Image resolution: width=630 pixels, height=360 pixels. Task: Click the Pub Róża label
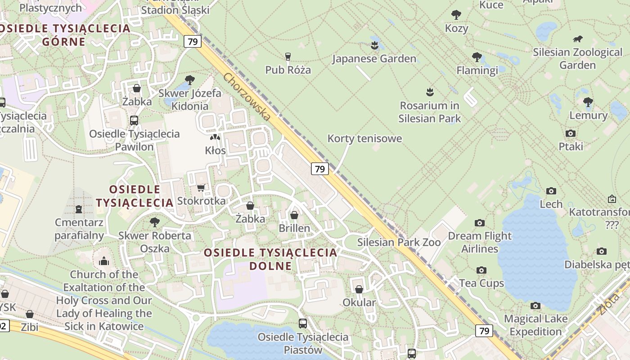click(288, 70)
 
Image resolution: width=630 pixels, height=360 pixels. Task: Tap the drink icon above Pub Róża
click(288, 56)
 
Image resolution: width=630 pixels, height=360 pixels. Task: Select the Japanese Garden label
click(374, 59)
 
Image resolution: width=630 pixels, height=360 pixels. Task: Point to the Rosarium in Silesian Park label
click(430, 112)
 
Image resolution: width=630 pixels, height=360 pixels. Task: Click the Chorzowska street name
click(247, 97)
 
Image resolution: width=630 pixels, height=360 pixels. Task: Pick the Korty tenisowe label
click(364, 139)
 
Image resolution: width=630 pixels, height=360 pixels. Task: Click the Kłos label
click(215, 150)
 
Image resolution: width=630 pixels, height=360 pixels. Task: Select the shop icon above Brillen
click(294, 215)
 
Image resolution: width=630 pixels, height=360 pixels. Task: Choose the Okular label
click(359, 302)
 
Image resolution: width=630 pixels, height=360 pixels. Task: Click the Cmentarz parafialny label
click(79, 229)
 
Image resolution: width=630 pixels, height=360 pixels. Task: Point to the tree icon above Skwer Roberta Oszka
click(154, 222)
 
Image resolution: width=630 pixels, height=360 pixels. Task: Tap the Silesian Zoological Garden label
click(577, 59)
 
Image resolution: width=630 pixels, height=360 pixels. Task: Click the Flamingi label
click(477, 71)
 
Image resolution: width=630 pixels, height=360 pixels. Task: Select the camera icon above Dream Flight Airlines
click(480, 223)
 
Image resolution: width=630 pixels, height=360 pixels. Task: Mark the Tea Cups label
click(481, 283)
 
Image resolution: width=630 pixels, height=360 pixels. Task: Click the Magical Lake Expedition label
click(535, 325)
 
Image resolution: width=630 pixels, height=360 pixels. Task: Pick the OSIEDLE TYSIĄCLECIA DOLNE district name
click(270, 259)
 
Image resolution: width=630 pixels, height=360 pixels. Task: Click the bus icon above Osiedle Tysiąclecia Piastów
click(303, 323)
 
